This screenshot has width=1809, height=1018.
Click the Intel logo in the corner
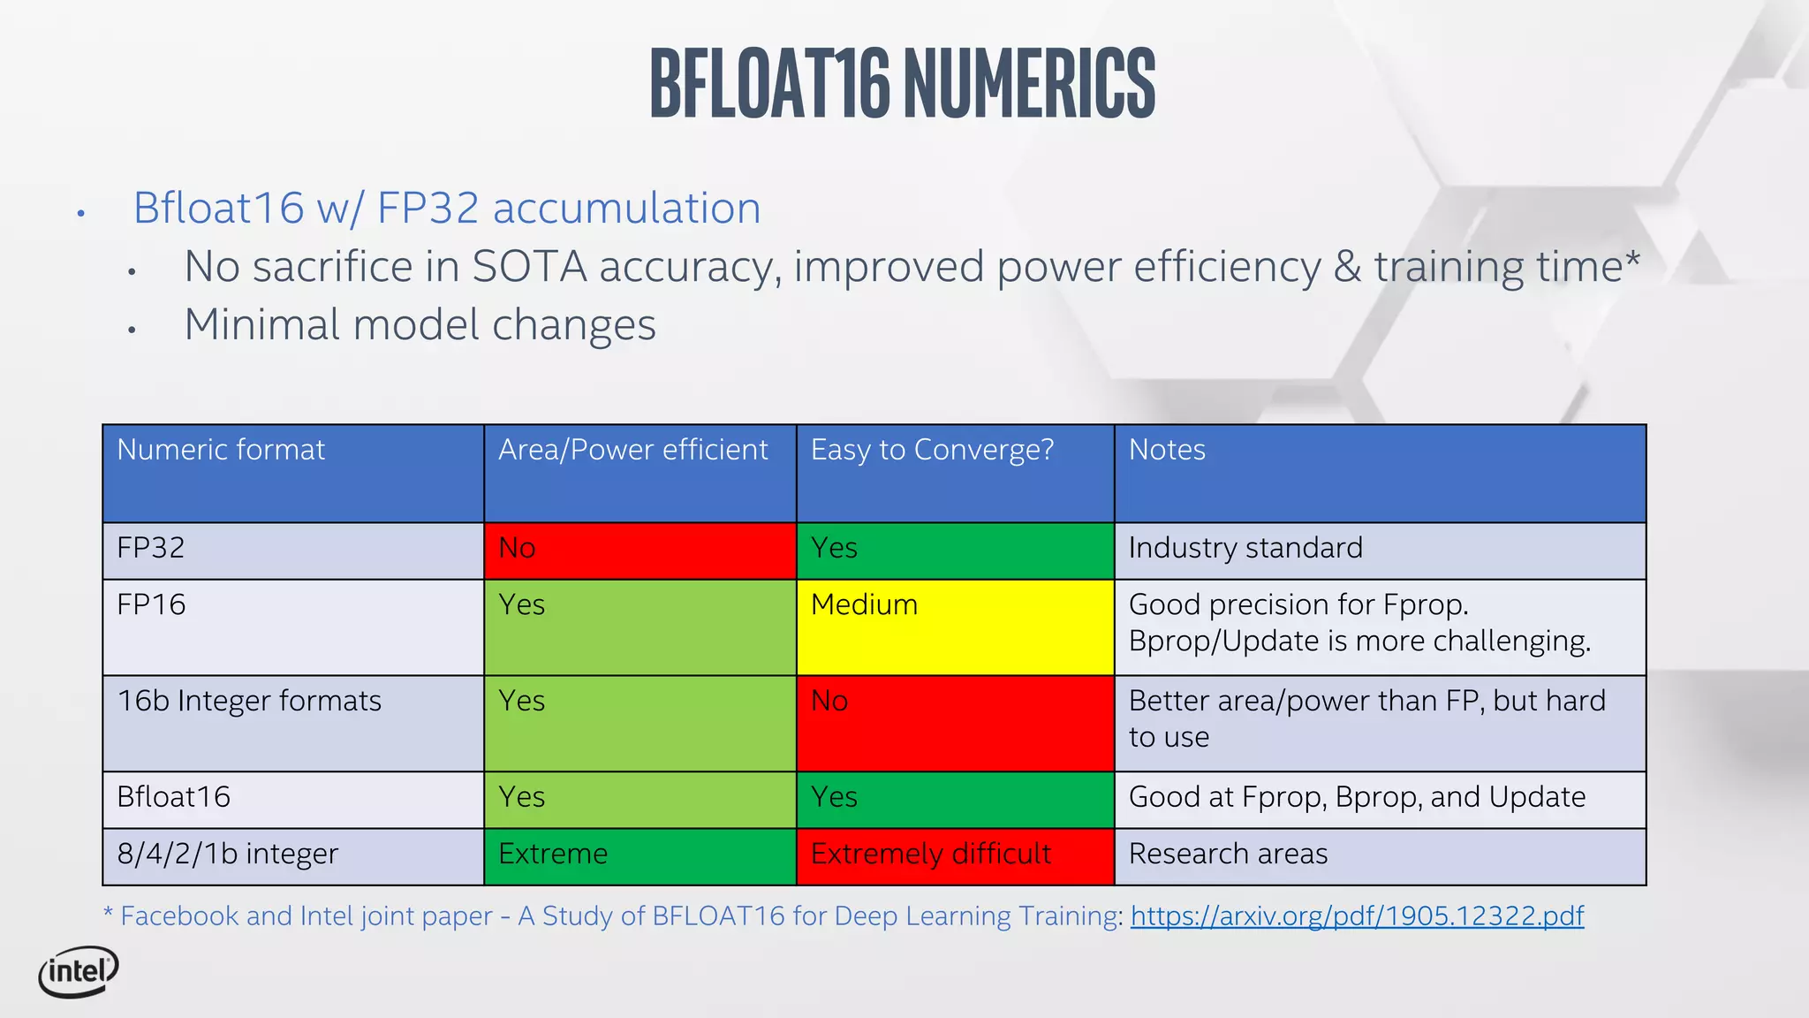79,972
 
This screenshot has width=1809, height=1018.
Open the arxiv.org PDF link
1357,916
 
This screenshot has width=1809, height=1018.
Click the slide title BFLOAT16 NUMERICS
903,84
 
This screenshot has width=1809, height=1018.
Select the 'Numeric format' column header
221,450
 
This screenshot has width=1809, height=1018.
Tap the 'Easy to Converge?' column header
932,450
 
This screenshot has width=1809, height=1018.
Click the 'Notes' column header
1167,450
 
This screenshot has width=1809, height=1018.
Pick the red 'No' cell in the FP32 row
640,551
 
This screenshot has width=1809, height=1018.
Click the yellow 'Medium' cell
954,627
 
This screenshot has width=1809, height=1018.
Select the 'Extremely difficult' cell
954,855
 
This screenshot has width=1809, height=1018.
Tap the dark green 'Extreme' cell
640,855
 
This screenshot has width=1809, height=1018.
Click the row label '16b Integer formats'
249,702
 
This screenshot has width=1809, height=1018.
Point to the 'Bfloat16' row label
174,798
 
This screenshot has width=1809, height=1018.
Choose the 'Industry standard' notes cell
1245,549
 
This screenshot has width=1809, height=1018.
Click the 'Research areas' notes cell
1228,855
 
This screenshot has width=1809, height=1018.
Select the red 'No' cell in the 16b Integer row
954,723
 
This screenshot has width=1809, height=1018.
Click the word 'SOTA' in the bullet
529,267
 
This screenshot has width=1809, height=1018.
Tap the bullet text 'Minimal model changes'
420,325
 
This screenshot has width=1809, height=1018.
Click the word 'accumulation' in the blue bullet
626,209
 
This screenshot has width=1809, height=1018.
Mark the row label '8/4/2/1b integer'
228,855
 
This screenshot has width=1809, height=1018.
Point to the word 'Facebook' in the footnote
179,916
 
